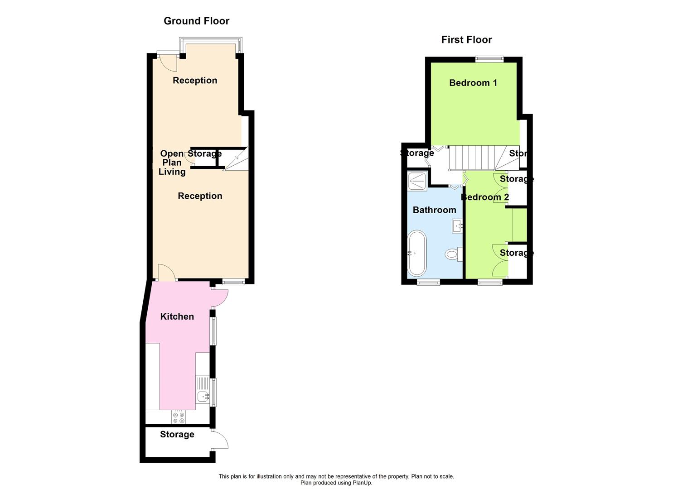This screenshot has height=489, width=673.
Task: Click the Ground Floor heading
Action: (x=196, y=21)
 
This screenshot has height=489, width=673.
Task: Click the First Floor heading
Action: (x=466, y=40)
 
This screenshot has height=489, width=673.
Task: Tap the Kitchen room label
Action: (x=177, y=316)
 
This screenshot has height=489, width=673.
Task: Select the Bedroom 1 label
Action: (x=473, y=83)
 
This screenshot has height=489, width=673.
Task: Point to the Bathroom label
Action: (x=434, y=210)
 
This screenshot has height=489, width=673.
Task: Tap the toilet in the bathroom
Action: (x=452, y=254)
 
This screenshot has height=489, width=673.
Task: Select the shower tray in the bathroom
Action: (x=417, y=182)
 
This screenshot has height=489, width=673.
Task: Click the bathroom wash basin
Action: (x=457, y=225)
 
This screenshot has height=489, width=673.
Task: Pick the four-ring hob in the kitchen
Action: (x=178, y=417)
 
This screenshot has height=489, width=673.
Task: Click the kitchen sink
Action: (x=203, y=397)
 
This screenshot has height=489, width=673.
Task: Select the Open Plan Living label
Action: (x=172, y=163)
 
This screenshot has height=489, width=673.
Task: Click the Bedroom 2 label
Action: (x=485, y=197)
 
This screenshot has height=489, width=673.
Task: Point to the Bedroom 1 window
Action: (x=489, y=58)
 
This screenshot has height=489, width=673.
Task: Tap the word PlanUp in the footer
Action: (x=359, y=483)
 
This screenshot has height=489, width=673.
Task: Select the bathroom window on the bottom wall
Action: (x=428, y=282)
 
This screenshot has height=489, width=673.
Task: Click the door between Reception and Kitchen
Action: (x=166, y=273)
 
